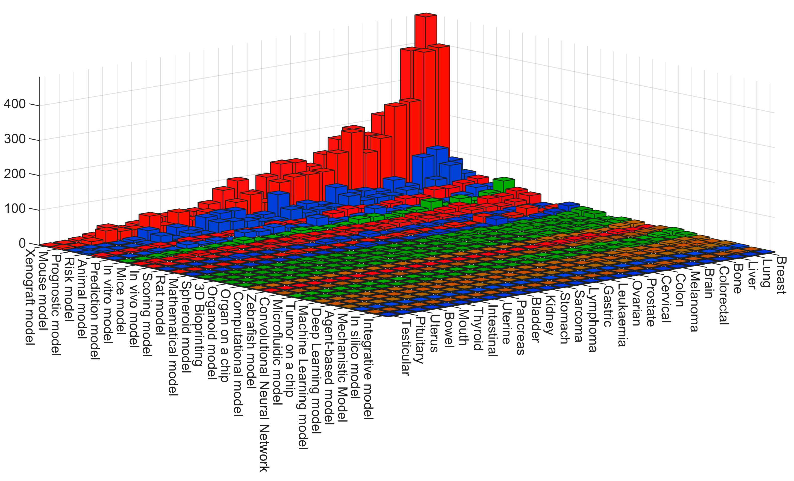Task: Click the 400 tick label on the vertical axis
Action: click(15, 104)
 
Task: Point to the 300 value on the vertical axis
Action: click(15, 139)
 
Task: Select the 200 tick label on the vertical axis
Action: click(15, 174)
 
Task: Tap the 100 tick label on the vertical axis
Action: click(15, 209)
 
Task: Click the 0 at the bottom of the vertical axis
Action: click(22, 244)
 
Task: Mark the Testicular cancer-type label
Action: click(405, 348)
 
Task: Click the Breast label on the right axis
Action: click(781, 276)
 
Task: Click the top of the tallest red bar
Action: click(426, 15)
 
